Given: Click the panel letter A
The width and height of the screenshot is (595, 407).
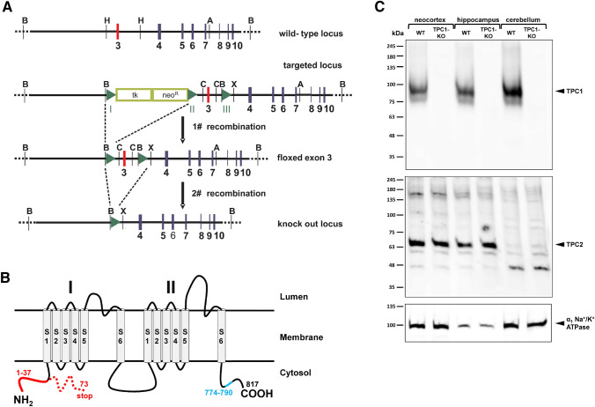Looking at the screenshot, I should coord(8,8).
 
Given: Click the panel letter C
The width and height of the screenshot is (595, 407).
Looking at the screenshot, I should coord(380,8).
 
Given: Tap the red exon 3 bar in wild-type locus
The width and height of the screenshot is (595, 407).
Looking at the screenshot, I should coord(117,32).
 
